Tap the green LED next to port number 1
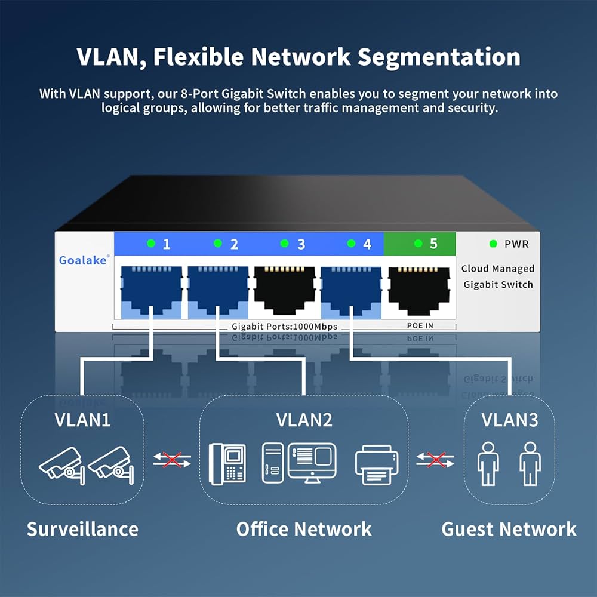[x=151, y=243]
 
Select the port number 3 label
[x=301, y=244]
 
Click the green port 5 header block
[x=420, y=244]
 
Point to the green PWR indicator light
[x=493, y=244]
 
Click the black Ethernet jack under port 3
[x=284, y=291]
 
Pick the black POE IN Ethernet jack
[x=419, y=291]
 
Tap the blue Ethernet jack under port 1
[x=151, y=291]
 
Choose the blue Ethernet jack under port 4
[x=351, y=291]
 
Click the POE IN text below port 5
[x=420, y=325]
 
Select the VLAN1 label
[x=82, y=420]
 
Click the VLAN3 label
[x=510, y=420]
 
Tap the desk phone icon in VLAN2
[x=227, y=464]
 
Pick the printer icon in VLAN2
[x=377, y=465]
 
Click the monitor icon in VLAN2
[x=312, y=463]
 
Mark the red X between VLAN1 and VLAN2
[x=172, y=460]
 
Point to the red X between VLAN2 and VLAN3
[x=436, y=460]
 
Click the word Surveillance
[x=82, y=529]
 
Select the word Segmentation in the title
[x=439, y=57]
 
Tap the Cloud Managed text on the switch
[x=498, y=269]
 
